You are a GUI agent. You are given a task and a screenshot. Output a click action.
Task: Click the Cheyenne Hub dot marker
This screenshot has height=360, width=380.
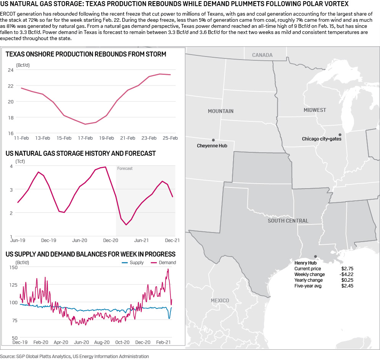(x=213, y=140)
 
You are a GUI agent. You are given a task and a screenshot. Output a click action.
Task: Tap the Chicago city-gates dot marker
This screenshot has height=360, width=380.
(x=340, y=134)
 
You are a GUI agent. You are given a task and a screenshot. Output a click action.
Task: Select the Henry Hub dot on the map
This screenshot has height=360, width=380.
(x=315, y=257)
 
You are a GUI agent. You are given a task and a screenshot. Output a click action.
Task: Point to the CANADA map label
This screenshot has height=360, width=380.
(x=262, y=55)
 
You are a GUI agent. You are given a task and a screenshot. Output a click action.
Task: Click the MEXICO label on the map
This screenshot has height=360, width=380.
(x=220, y=300)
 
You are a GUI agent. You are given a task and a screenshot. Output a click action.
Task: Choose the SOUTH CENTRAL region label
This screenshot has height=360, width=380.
(x=288, y=221)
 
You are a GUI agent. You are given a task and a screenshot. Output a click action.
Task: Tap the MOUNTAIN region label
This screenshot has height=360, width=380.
(x=221, y=111)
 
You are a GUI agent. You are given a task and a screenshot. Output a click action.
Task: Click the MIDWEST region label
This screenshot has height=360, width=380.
(x=315, y=110)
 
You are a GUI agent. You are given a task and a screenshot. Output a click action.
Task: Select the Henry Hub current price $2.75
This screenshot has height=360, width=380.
(x=347, y=269)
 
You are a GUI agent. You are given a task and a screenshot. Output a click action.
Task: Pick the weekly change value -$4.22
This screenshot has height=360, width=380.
(x=346, y=274)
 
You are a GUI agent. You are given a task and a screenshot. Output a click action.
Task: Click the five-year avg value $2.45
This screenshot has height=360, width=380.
(x=347, y=286)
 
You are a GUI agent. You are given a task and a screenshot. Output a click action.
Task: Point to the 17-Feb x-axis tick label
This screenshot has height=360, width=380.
(x=85, y=138)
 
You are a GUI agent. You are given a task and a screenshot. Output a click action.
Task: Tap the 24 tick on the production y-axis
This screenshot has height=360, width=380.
(x=10, y=70)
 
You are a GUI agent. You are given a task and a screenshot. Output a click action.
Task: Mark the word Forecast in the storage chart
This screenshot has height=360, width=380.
(x=125, y=168)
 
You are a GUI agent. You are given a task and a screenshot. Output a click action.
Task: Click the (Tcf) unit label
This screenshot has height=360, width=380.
(x=21, y=161)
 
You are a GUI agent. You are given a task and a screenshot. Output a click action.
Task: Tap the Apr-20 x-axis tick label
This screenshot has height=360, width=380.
(x=61, y=342)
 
